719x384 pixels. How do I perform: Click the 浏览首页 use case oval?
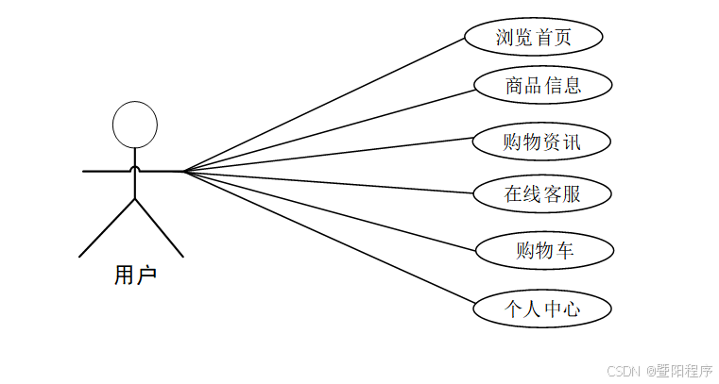pyautogui.click(x=534, y=38)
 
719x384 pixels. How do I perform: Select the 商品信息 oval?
pyautogui.click(x=542, y=86)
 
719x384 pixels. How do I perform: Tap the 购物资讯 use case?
pyautogui.click(x=542, y=142)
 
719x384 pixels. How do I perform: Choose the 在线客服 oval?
pyautogui.click(x=542, y=194)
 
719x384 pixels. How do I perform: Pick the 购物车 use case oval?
pyautogui.click(x=544, y=251)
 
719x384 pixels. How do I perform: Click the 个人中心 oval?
pyautogui.click(x=542, y=308)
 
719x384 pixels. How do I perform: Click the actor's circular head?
pyautogui.click(x=134, y=124)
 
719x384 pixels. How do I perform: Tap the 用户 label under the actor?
pyautogui.click(x=134, y=275)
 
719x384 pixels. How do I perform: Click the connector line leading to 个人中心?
pyautogui.click(x=331, y=238)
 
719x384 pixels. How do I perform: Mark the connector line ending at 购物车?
pyautogui.click(x=331, y=211)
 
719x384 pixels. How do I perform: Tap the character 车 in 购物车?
pyautogui.click(x=565, y=251)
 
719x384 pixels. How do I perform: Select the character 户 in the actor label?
pyautogui.click(x=146, y=275)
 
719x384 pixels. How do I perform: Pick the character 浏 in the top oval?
pyautogui.click(x=505, y=38)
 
